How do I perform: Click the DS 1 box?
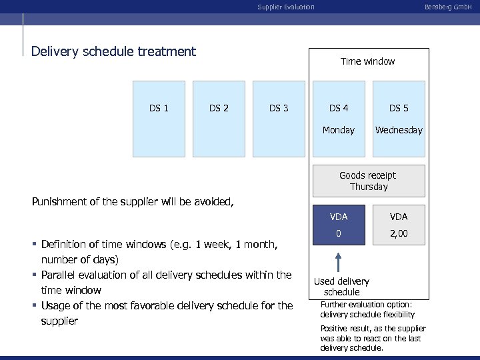tap(159, 119)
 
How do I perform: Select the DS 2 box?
tap(219, 119)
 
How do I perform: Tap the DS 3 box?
tap(279, 119)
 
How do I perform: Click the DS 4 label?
tap(339, 108)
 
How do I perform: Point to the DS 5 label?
tap(399, 108)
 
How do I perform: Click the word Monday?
tap(339, 130)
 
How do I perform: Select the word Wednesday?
tap(399, 130)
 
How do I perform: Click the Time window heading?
tap(367, 61)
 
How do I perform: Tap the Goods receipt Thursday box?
tap(368, 181)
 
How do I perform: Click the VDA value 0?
tap(339, 233)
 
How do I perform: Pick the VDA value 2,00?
tap(399, 233)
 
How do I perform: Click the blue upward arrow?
tap(338, 262)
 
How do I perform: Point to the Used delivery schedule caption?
tap(341, 287)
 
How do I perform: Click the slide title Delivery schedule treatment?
tap(114, 51)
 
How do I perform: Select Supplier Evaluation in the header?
tap(285, 7)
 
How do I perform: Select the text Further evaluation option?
tap(366, 305)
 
